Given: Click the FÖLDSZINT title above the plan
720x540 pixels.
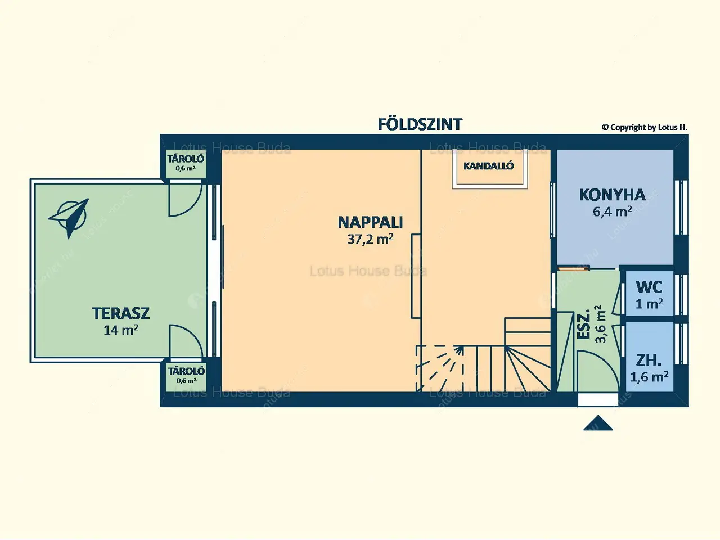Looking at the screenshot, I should click(420, 124).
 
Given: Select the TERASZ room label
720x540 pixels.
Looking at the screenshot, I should click(120, 313).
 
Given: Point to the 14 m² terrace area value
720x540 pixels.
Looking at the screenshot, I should click(120, 330).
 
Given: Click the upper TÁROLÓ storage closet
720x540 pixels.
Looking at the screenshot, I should click(186, 163).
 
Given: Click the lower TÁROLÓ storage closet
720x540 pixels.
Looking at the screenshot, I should click(186, 375).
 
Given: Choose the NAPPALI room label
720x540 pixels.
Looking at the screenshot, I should click(370, 222).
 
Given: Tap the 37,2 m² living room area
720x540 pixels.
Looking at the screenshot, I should click(370, 239).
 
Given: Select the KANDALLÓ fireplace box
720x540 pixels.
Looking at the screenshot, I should click(488, 166).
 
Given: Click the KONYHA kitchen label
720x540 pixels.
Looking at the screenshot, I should click(612, 195).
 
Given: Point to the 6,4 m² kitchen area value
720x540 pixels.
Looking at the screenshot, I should click(612, 212).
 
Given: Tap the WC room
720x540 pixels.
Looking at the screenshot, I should click(649, 295).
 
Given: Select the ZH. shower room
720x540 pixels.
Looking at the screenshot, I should click(649, 367).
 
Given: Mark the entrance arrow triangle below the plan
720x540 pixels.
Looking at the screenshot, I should click(598, 424).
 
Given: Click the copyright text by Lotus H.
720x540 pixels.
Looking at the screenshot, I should click(644, 128).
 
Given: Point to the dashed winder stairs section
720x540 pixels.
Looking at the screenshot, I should click(440, 368).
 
